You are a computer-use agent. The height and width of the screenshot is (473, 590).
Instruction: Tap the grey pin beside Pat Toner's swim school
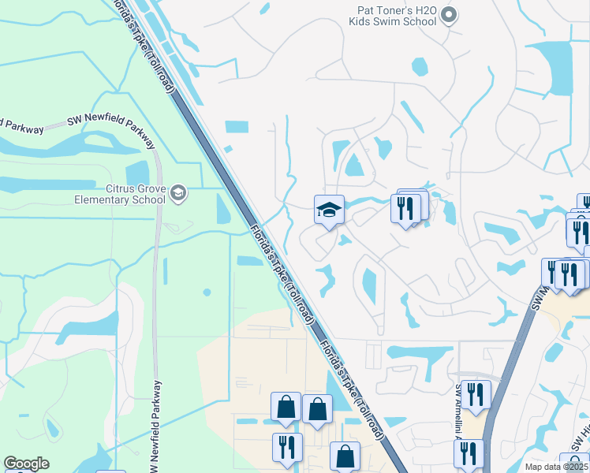(450, 14)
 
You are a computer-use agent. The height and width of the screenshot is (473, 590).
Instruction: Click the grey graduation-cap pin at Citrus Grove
(179, 193)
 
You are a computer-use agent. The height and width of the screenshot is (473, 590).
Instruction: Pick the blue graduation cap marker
(329, 210)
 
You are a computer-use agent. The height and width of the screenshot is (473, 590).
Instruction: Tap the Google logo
(26, 464)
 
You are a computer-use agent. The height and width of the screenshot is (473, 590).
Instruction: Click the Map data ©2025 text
(557, 467)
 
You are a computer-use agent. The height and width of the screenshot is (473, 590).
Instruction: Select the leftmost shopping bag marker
(286, 407)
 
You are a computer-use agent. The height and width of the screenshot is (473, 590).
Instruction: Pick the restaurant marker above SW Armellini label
(475, 394)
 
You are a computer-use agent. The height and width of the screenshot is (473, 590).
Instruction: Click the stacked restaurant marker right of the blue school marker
(407, 209)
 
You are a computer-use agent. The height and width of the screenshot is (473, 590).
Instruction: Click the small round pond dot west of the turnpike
(207, 292)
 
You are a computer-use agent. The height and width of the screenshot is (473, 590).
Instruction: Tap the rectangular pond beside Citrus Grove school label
(136, 173)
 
